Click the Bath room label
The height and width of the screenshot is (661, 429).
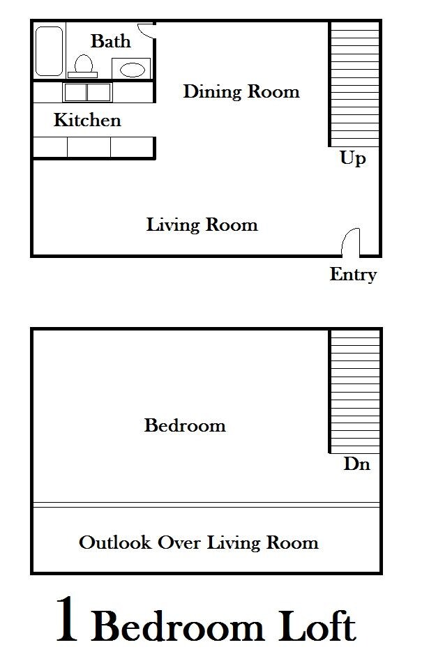point(110,41)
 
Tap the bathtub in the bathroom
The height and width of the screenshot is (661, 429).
point(50,51)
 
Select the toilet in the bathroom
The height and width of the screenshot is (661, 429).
point(83,65)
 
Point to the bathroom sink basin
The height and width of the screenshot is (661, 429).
point(132,70)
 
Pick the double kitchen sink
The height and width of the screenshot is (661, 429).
point(87,92)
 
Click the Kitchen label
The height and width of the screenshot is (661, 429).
point(87,121)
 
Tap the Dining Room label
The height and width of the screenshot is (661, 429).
point(241,91)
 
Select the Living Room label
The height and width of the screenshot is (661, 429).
point(202,225)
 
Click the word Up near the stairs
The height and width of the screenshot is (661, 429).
point(352,159)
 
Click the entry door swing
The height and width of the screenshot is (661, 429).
point(351,242)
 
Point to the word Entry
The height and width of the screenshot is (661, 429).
point(353,275)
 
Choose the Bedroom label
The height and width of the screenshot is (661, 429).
point(185,425)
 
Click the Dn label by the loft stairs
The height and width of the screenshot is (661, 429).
point(356,464)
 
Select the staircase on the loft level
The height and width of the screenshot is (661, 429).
point(354,391)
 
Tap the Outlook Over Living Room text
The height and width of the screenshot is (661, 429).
point(199,542)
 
